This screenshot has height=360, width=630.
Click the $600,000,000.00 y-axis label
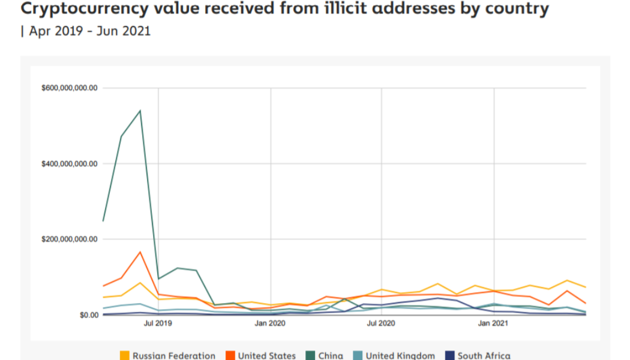(x=69, y=88)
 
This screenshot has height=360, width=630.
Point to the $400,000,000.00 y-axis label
(x=69, y=164)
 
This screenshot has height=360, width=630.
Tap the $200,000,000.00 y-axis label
(x=69, y=239)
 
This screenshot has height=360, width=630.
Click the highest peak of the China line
(x=140, y=110)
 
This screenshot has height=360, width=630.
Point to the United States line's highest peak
(x=140, y=251)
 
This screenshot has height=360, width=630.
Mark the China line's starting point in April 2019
(x=103, y=221)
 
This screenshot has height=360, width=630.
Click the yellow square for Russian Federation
(x=125, y=356)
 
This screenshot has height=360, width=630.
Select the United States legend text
(x=266, y=356)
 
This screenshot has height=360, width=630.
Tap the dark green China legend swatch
(x=311, y=356)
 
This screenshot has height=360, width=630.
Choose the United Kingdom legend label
(x=400, y=356)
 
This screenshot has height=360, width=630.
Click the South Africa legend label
(x=484, y=356)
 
